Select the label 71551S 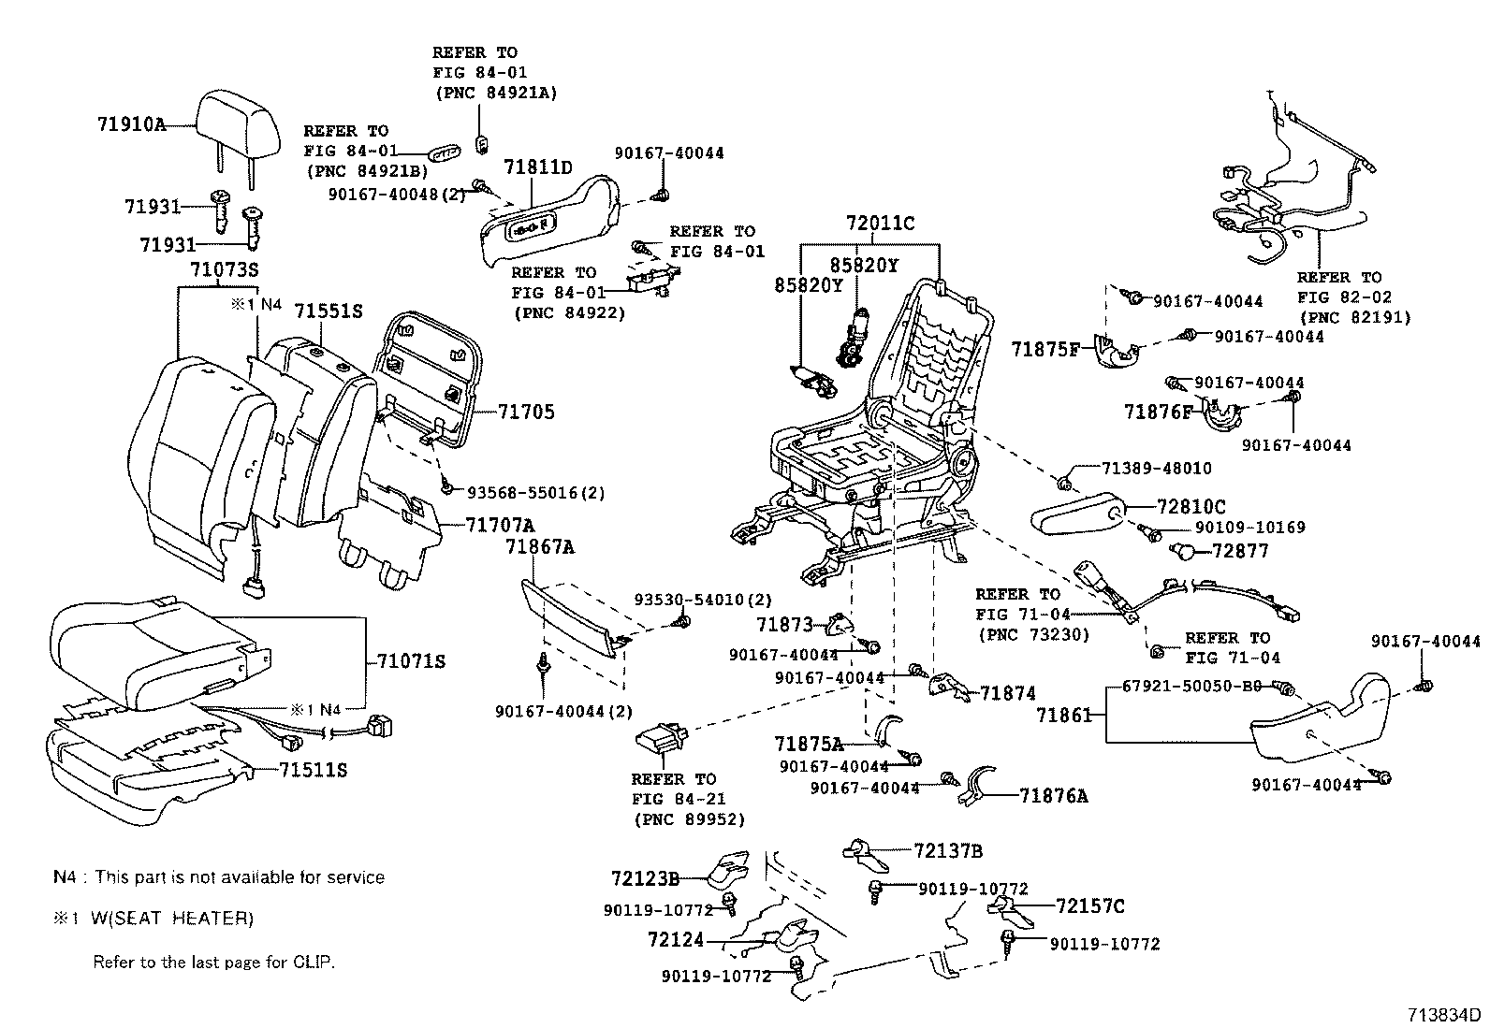click(x=328, y=311)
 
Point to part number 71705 click(x=526, y=412)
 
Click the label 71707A click(x=500, y=525)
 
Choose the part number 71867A click(x=540, y=547)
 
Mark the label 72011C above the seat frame click(x=880, y=224)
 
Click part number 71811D click(x=537, y=167)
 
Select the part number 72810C click(x=1191, y=507)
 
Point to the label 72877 click(x=1239, y=551)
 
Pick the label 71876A click(x=1053, y=796)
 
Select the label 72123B click(x=645, y=878)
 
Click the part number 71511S click(x=313, y=770)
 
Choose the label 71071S click(x=411, y=661)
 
